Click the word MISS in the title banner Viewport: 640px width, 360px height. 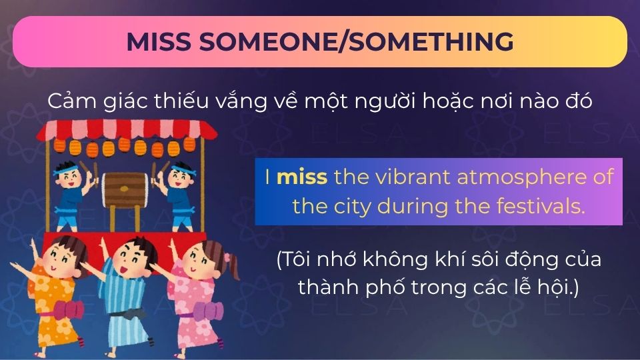(159, 41)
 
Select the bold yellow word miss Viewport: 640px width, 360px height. (302, 178)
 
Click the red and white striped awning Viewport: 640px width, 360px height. (127, 130)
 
